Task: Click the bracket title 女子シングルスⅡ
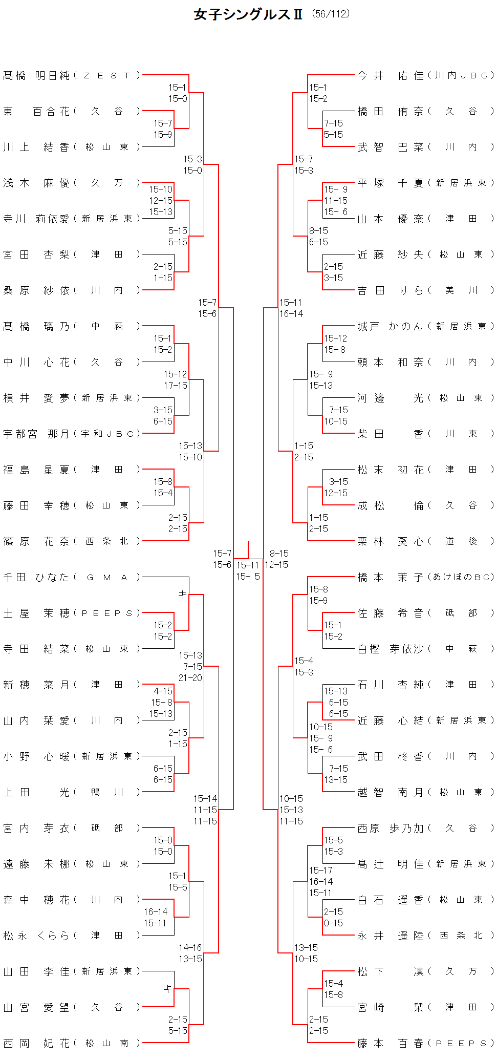pos(248,14)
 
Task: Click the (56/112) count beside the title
pos(331,14)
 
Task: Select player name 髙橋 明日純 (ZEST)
pos(71,76)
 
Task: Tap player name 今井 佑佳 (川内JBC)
pos(425,76)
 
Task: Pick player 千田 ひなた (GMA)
pos(71,578)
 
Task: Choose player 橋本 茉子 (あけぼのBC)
pos(425,578)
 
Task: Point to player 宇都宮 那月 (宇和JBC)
pos(71,434)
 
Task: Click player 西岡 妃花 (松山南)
pos(71,1044)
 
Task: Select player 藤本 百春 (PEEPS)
pos(425,1044)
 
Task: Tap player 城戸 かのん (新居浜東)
pos(425,327)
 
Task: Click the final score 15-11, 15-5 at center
pos(248,571)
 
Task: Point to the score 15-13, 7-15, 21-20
pos(190,667)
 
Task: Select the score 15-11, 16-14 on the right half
pos(291,308)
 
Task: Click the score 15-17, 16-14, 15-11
pos(321,882)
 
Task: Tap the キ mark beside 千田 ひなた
pos(182,595)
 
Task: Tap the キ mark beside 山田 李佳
pos(167,989)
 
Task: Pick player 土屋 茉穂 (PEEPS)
pos(71,613)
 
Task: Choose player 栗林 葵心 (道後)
pos(425,542)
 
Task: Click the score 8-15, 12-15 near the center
pos(277,559)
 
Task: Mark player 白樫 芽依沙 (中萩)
pos(425,649)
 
